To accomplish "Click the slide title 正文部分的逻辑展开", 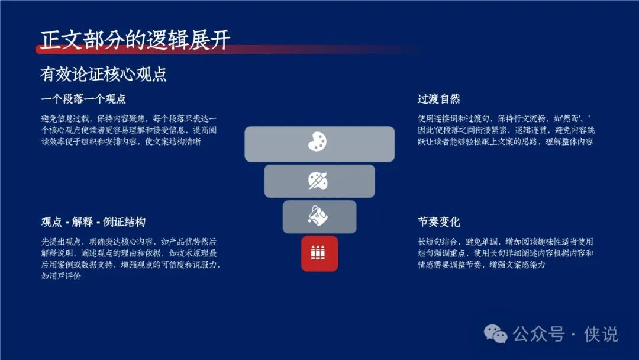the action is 135,40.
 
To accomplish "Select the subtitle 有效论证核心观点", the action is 104,74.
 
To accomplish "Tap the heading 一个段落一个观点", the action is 83,99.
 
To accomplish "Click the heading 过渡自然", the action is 438,99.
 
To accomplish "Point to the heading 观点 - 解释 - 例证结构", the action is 93,222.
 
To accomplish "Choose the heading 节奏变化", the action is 438,222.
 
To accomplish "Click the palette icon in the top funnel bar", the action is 318,142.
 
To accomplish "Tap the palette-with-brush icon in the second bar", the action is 318,181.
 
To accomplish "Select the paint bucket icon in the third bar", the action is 318,216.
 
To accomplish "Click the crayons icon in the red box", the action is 318,253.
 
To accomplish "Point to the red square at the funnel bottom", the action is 319,253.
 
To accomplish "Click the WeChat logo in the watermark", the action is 496,335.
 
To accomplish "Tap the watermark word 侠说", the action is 601,335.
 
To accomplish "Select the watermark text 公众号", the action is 539,335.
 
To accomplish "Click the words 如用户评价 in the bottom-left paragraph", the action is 61,276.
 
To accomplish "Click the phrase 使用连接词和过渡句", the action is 453,118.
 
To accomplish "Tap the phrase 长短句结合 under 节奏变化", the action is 437,242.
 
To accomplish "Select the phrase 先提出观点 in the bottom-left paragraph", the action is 61,242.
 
